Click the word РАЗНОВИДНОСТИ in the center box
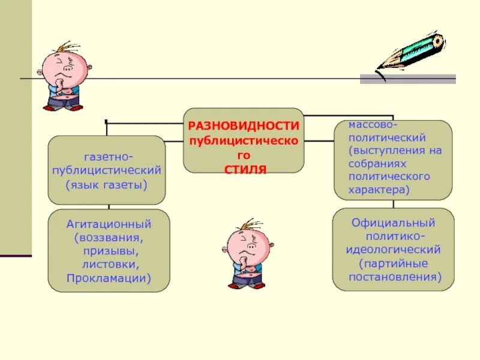point(244,126)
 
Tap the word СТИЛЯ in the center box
point(245,170)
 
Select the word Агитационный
point(109,224)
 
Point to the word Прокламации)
point(109,278)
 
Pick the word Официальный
point(394,223)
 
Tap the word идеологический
point(394,249)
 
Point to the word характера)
point(379,190)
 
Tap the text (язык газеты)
point(107,184)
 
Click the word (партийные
point(393,263)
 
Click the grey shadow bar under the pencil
point(408,79)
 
